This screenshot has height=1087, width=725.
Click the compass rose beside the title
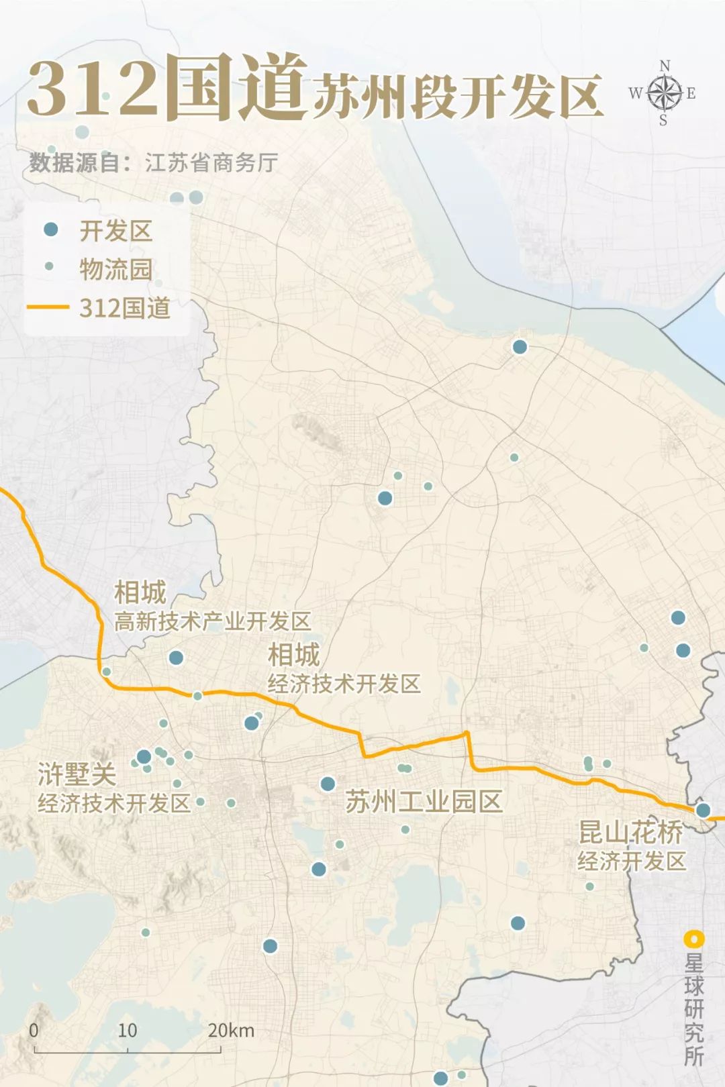pyautogui.click(x=664, y=93)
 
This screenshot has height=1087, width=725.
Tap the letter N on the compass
pyautogui.click(x=665, y=66)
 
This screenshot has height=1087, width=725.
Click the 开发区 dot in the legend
pyautogui.click(x=50, y=229)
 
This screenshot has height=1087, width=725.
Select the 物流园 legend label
pyautogui.click(x=115, y=269)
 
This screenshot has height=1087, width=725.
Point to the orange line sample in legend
pyautogui.click(x=48, y=307)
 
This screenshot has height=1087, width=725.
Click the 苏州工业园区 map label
pyautogui.click(x=424, y=801)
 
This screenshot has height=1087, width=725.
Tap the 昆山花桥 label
pyautogui.click(x=630, y=832)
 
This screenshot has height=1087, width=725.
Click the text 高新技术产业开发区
pyautogui.click(x=212, y=621)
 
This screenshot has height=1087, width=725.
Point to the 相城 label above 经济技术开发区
pyautogui.click(x=293, y=654)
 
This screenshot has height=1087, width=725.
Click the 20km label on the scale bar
pyautogui.click(x=231, y=1031)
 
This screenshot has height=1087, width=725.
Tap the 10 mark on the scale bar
pyautogui.click(x=127, y=1031)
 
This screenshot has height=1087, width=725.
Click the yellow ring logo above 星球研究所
pyautogui.click(x=693, y=939)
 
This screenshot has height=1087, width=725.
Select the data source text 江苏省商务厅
pyautogui.click(x=211, y=162)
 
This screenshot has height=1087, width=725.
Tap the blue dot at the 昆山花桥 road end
pyautogui.click(x=703, y=810)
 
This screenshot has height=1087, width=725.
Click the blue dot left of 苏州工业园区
pyautogui.click(x=328, y=784)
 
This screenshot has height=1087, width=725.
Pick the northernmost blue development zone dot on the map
pyautogui.click(x=520, y=347)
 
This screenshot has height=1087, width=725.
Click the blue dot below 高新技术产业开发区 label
pyautogui.click(x=176, y=658)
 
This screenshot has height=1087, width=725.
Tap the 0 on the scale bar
pyautogui.click(x=34, y=1031)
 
